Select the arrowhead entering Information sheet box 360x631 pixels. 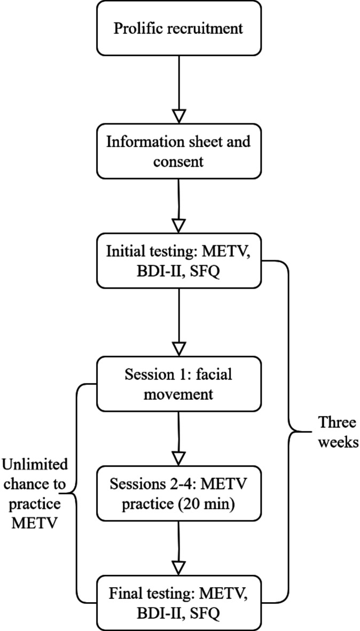point(178,116)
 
